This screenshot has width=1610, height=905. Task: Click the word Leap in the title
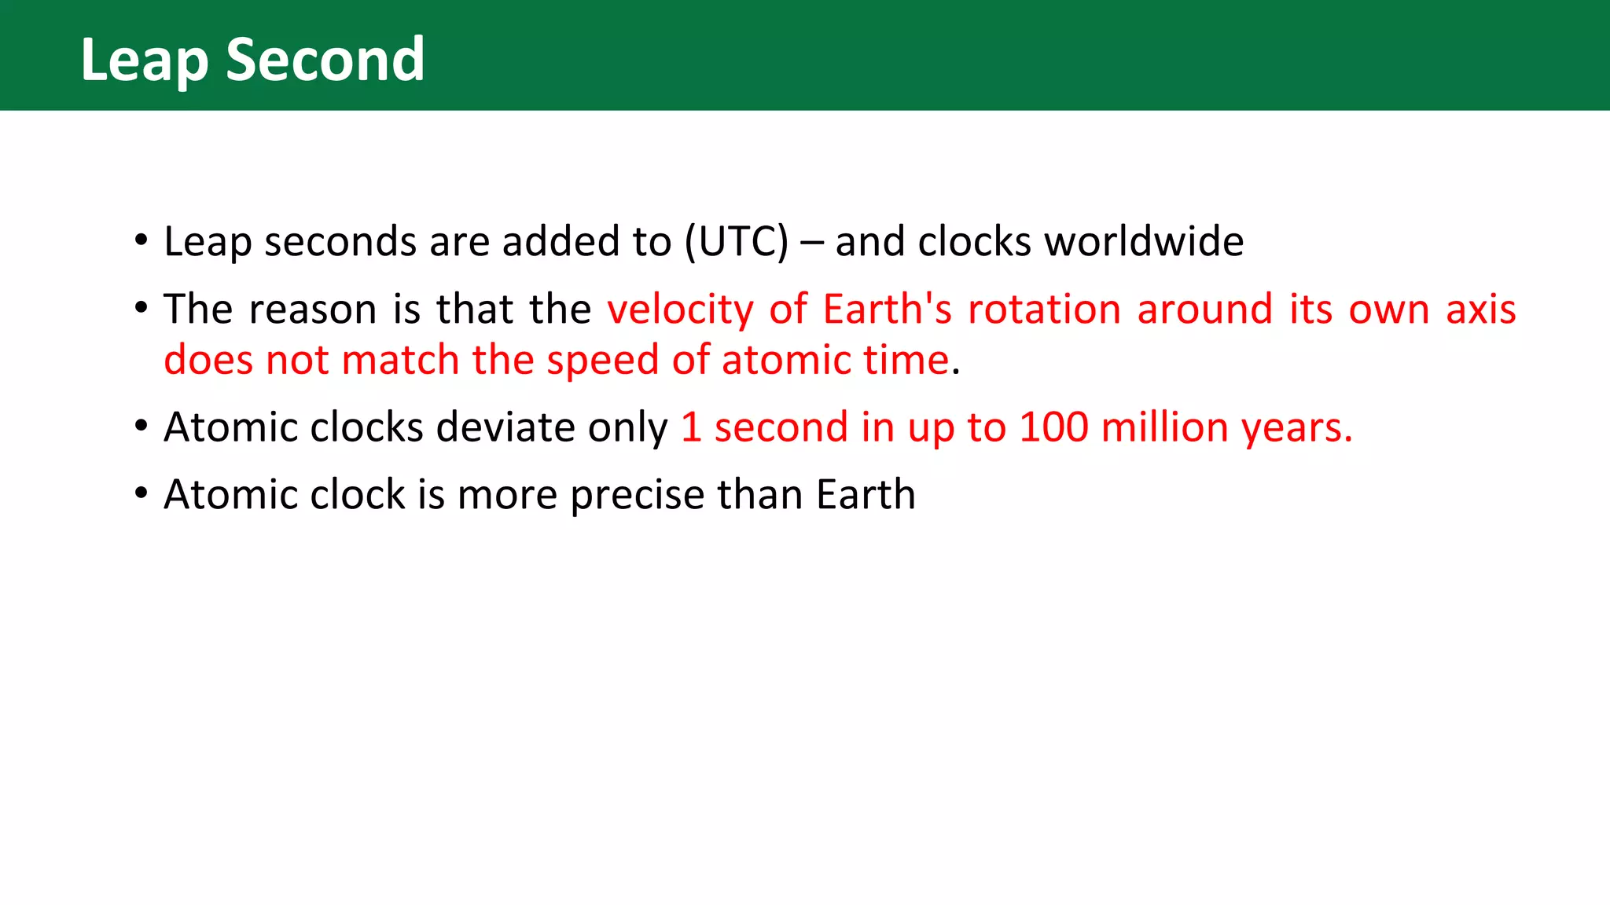tap(144, 61)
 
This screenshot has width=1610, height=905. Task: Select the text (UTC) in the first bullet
tap(736, 241)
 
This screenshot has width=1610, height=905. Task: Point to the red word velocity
tap(680, 310)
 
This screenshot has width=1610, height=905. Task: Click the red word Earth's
tap(887, 309)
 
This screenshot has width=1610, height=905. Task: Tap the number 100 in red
tap(1053, 427)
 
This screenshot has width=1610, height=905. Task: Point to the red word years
tap(1296, 429)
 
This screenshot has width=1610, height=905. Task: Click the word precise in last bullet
tap(637, 496)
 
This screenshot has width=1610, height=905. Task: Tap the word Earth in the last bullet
tap(865, 495)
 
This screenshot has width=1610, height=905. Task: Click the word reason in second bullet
tap(313, 310)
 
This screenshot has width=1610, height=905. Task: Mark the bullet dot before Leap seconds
tap(141, 240)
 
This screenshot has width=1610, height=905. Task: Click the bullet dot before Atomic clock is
tap(141, 493)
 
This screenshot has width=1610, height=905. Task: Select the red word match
tap(400, 361)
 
